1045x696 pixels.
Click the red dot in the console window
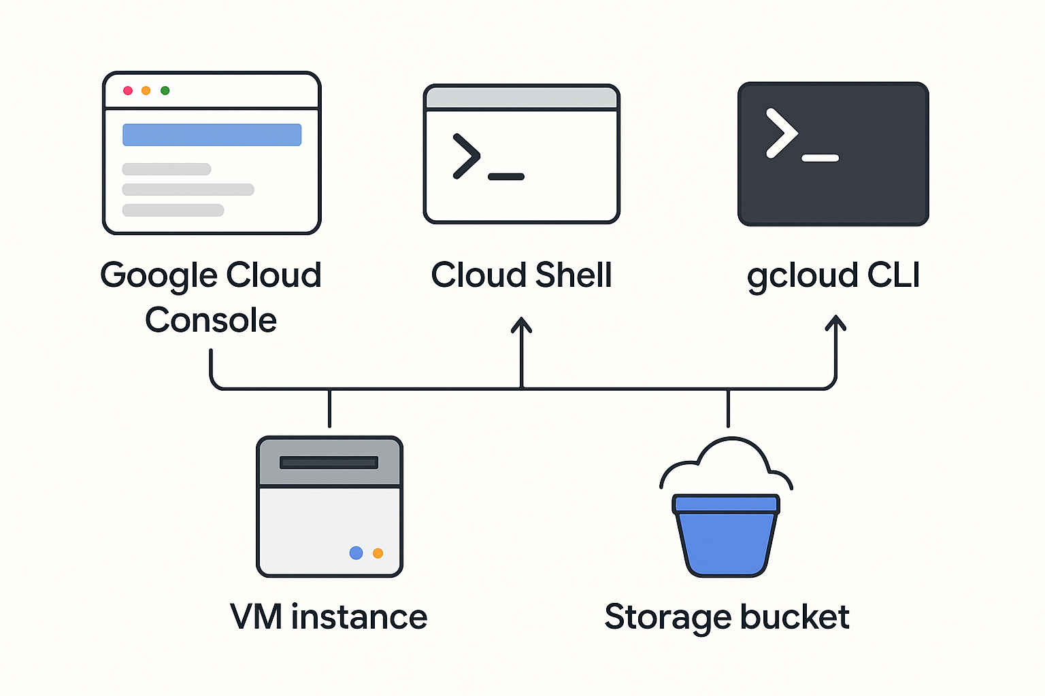pyautogui.click(x=127, y=90)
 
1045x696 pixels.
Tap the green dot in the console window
pyautogui.click(x=165, y=90)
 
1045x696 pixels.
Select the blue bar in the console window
pyautogui.click(x=212, y=135)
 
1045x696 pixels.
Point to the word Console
pyautogui.click(x=211, y=320)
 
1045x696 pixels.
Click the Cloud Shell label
pyautogui.click(x=521, y=275)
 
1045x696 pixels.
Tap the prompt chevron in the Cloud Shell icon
pyautogui.click(x=467, y=156)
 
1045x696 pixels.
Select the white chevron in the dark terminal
pyautogui.click(x=781, y=133)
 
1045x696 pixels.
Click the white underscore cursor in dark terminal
pyautogui.click(x=820, y=158)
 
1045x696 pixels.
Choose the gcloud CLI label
pyautogui.click(x=833, y=275)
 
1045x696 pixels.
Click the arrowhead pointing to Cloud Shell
pyautogui.click(x=522, y=324)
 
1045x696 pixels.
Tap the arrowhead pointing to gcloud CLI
pyautogui.click(x=835, y=323)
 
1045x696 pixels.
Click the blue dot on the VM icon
pyautogui.click(x=356, y=553)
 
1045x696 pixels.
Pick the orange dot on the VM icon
pyautogui.click(x=378, y=553)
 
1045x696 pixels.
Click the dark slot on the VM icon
pyautogui.click(x=329, y=463)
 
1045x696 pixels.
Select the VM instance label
pyautogui.click(x=329, y=617)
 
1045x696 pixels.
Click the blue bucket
pyautogui.click(x=726, y=540)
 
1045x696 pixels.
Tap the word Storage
pyautogui.click(x=667, y=617)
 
